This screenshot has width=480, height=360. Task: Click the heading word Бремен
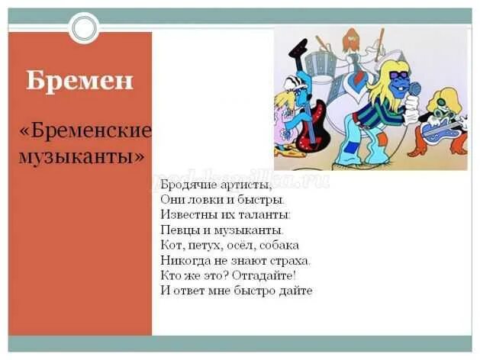pos(79,80)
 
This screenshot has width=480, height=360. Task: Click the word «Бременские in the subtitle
pos(85,132)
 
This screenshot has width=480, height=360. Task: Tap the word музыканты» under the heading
pos(80,156)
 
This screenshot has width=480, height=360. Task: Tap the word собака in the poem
pos(279,245)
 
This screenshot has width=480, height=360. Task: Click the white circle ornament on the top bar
pos(84,28)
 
